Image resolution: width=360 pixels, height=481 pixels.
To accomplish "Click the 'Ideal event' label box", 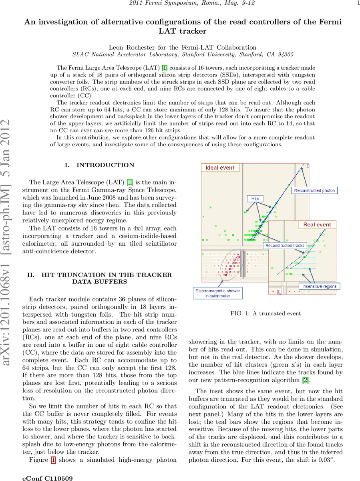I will pos(220,168).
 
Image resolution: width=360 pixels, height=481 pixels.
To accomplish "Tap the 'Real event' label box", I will pos(317,224).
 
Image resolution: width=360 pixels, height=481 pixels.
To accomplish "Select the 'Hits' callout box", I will pos(255,199).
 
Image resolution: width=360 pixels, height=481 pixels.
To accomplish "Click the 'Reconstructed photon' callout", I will pos(314,190).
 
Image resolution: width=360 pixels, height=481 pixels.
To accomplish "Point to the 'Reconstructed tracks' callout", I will pos(285,245).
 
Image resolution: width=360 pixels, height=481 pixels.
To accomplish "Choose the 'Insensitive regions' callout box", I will pos(320,286).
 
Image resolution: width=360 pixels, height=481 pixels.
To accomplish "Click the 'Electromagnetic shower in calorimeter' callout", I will pos(218,293).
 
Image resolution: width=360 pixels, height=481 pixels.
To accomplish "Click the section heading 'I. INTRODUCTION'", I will pos(99,165).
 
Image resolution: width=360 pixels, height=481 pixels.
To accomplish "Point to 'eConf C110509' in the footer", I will pos(48,478).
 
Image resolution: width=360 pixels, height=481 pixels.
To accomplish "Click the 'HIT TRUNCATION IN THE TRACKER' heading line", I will pos(99,275).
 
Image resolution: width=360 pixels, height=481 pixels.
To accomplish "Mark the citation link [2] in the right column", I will pos(305,380).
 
